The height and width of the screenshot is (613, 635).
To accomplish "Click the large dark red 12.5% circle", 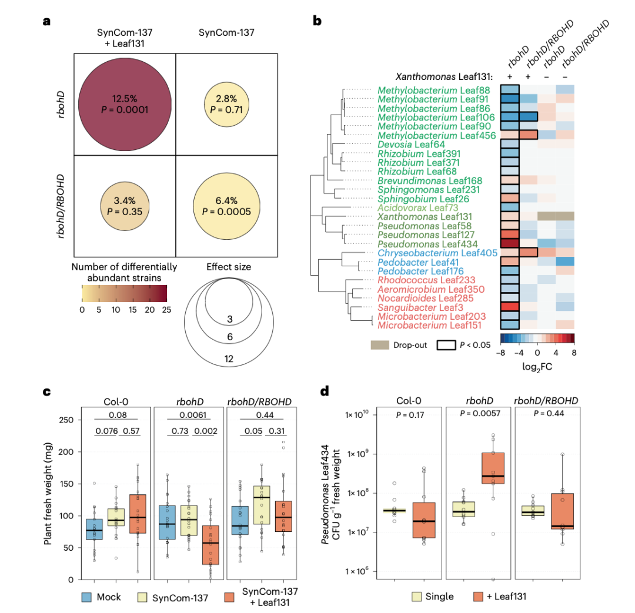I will click(x=125, y=104).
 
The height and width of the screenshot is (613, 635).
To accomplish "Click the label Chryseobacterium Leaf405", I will click(x=438, y=253).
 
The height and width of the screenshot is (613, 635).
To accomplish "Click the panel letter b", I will click(x=317, y=22).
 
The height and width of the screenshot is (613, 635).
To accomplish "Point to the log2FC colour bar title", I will click(x=537, y=367).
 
